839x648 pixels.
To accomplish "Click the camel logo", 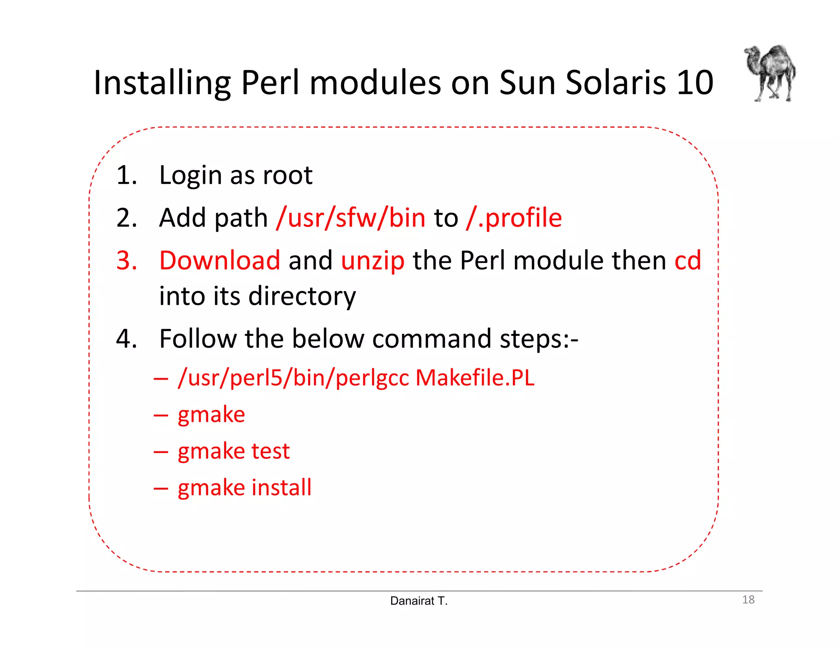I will coord(770,73).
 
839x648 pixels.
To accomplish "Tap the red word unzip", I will coord(372,261).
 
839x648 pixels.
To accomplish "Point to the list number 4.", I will coord(127,339).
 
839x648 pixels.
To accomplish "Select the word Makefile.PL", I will coord(475,378).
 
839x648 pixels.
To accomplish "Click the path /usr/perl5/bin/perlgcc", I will coord(293,378).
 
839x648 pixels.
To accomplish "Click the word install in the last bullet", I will coord(281,487).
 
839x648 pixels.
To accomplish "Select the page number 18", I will coord(748,600).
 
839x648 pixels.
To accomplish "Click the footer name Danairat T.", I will coord(419,601).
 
